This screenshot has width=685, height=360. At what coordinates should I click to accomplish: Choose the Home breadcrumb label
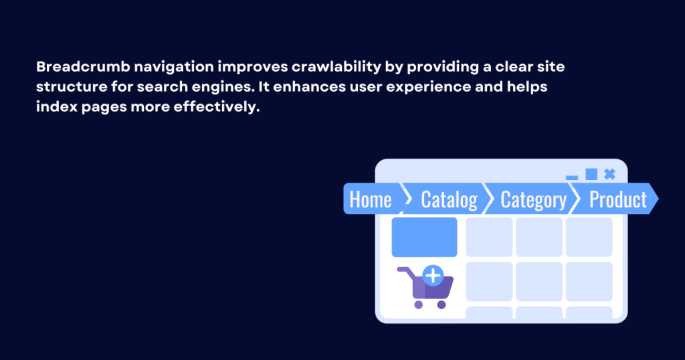pyautogui.click(x=371, y=199)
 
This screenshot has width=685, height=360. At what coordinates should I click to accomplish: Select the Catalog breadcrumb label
pyautogui.click(x=449, y=199)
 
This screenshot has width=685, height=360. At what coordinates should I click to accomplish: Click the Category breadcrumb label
pyautogui.click(x=533, y=199)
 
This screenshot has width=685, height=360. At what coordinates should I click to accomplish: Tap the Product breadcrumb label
pyautogui.click(x=618, y=199)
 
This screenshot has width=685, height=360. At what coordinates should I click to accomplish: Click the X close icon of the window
pyautogui.click(x=609, y=174)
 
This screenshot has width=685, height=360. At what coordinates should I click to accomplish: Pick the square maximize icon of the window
pyautogui.click(x=591, y=174)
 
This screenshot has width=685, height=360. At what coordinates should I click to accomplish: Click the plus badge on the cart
pyautogui.click(x=433, y=274)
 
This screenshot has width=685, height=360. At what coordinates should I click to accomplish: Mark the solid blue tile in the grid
pyautogui.click(x=424, y=237)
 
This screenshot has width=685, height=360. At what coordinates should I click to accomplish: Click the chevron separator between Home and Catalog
pyautogui.click(x=406, y=199)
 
